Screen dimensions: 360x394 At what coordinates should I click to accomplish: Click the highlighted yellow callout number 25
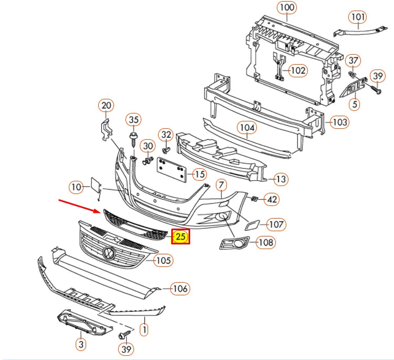pyautogui.click(x=180, y=237)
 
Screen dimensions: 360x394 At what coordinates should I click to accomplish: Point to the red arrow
pyautogui.click(x=79, y=205)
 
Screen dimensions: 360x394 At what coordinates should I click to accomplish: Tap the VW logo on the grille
pyautogui.click(x=109, y=254)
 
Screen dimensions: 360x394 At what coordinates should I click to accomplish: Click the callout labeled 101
pyautogui.click(x=358, y=17)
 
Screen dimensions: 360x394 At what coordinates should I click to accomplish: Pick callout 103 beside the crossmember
pyautogui.click(x=340, y=122)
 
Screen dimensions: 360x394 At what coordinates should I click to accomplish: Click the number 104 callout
pyautogui.click(x=247, y=127)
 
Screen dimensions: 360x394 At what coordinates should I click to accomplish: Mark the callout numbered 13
pyautogui.click(x=281, y=179)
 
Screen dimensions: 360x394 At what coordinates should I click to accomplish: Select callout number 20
pyautogui.click(x=106, y=106)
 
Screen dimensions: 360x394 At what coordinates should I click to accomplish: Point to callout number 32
pyautogui.click(x=166, y=134)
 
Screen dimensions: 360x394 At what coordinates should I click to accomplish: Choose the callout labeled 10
pyautogui.click(x=77, y=186)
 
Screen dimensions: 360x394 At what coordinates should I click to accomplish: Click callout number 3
pyautogui.click(x=80, y=344)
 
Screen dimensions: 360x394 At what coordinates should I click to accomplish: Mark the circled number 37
pyautogui.click(x=353, y=60)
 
